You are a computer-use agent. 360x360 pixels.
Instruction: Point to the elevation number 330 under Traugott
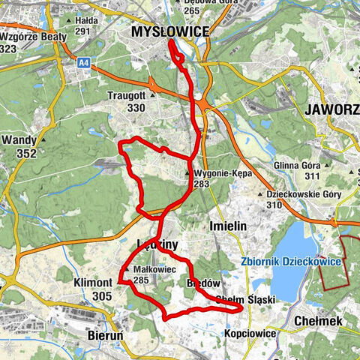(136, 108)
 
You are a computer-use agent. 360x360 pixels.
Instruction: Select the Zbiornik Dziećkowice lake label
(291, 261)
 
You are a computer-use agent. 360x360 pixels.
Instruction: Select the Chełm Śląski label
(245, 299)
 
